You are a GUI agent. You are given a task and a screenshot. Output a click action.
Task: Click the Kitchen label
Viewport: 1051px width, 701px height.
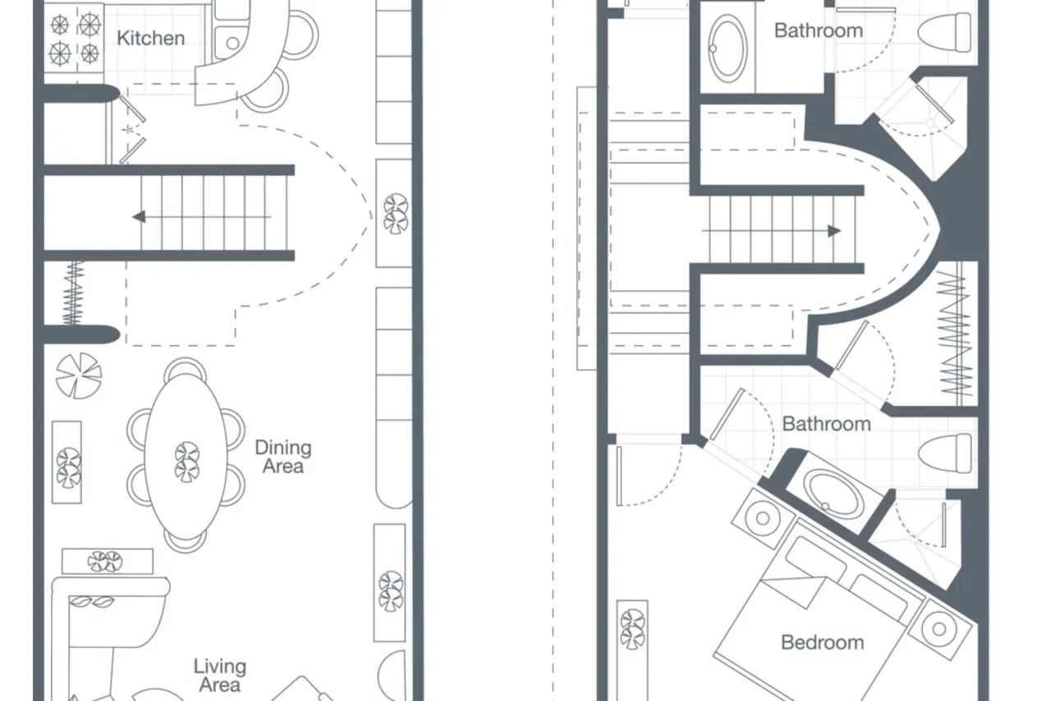[x=150, y=38]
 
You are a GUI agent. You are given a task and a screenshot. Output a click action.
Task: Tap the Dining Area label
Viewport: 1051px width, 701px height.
[x=283, y=457]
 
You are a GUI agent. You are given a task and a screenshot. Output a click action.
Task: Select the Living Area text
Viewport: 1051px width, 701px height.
[x=219, y=676]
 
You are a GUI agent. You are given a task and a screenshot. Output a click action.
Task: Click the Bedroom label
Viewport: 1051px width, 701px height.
[x=822, y=643]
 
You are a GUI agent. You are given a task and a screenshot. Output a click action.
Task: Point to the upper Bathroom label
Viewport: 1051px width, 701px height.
[x=819, y=31]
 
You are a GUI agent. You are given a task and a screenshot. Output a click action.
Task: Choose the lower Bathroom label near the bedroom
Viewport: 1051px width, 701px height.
[x=826, y=424]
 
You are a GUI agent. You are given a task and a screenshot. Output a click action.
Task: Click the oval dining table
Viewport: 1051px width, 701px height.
[x=186, y=456]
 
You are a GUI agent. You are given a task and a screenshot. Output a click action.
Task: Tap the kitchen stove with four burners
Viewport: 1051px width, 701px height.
[x=74, y=39]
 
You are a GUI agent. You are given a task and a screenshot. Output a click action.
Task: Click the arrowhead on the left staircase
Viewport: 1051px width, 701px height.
[x=139, y=217]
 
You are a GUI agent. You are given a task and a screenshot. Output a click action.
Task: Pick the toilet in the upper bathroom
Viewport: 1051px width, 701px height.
[x=944, y=33]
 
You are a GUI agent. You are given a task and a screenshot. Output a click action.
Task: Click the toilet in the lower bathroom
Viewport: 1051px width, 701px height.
[x=944, y=454]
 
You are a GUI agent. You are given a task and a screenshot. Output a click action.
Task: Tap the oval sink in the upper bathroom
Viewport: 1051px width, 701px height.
[x=727, y=48]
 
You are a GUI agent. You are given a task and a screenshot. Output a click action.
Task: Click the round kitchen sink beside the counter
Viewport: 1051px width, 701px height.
[x=232, y=44]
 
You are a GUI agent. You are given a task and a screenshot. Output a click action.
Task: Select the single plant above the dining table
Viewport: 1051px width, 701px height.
[x=78, y=376]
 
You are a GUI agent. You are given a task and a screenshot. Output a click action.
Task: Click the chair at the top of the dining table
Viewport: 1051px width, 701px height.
[x=186, y=367]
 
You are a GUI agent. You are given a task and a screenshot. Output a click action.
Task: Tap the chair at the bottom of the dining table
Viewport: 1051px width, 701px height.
[x=186, y=542]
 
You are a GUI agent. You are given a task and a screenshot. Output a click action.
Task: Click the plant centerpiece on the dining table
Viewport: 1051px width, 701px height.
[x=186, y=462]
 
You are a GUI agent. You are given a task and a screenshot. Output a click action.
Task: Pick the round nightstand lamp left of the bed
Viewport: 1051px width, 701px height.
[x=763, y=519]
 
